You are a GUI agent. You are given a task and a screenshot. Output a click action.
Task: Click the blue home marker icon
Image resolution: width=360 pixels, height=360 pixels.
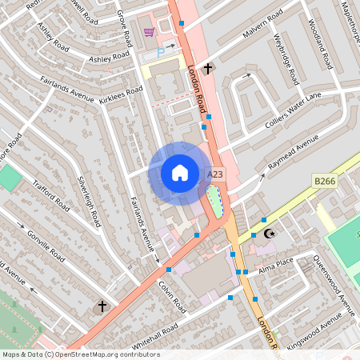[180, 172]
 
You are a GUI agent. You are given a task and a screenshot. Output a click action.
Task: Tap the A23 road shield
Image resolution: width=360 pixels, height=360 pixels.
[214, 174]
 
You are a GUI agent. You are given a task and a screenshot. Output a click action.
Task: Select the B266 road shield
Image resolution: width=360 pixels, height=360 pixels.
[324, 182]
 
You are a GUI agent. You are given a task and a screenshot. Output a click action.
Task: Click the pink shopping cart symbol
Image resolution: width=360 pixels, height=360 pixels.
[149, 32]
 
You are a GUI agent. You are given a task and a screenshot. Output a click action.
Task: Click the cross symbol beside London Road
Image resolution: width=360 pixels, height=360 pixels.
[208, 69]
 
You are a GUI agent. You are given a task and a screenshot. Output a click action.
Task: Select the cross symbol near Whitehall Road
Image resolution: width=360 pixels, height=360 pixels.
[102, 306]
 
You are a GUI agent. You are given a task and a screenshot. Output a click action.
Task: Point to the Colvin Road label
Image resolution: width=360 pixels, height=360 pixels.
[172, 294]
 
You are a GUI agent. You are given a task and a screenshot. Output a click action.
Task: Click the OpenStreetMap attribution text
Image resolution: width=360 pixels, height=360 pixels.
[80, 354]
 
